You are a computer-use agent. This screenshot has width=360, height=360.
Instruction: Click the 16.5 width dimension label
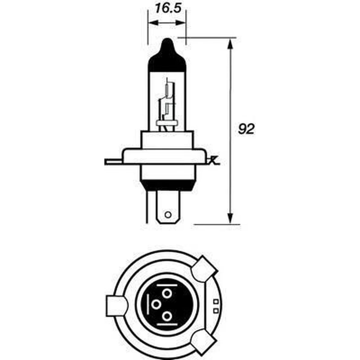[168, 8]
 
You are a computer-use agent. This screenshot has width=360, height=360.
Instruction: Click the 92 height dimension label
[246, 129]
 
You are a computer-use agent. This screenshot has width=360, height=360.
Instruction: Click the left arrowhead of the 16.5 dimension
[153, 22]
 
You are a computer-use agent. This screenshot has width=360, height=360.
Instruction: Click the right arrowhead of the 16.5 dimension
[181, 22]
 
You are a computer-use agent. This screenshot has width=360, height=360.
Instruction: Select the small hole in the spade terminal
[168, 215]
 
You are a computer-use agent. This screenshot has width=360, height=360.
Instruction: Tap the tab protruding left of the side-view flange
[113, 162]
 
